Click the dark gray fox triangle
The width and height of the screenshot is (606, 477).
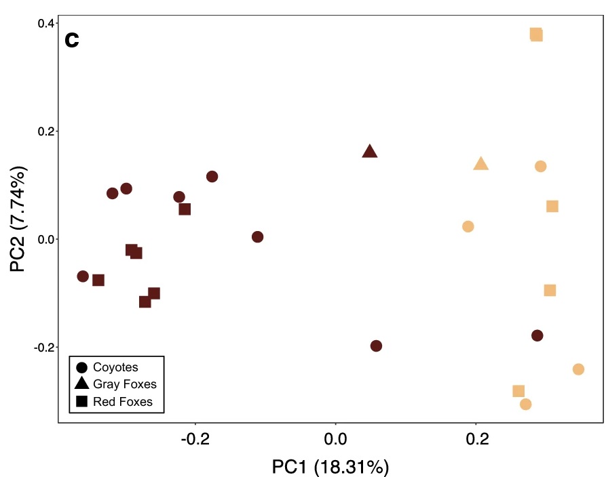pyautogui.click(x=370, y=152)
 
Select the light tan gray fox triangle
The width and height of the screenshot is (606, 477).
pyautogui.click(x=481, y=164)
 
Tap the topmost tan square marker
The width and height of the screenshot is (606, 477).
pyautogui.click(x=536, y=35)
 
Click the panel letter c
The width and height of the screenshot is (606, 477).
pyautogui.click(x=72, y=40)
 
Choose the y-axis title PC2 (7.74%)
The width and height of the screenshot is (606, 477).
pyautogui.click(x=19, y=217)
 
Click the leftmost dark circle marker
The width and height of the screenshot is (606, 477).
pyautogui.click(x=83, y=276)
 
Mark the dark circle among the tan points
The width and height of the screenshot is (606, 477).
pyautogui.click(x=537, y=335)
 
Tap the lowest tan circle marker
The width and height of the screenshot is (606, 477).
pyautogui.click(x=525, y=405)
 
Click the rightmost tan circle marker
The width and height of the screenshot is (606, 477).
pyautogui.click(x=578, y=369)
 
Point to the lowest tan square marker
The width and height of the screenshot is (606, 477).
pyautogui.click(x=518, y=391)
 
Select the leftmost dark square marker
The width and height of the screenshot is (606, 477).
pyautogui.click(x=98, y=280)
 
